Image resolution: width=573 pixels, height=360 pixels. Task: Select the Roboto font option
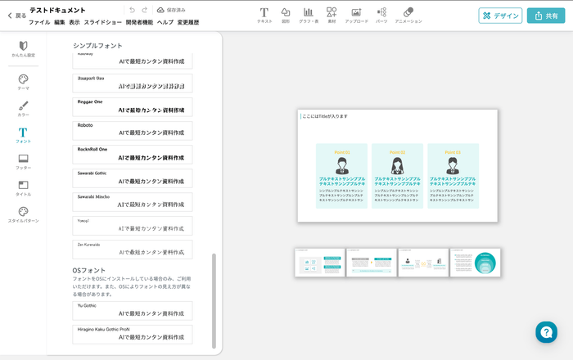(132, 131)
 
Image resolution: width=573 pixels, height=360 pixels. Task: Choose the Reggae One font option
(132, 107)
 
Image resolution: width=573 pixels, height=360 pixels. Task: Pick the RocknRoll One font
(132, 155)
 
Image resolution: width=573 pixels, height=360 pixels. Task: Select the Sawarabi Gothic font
(132, 178)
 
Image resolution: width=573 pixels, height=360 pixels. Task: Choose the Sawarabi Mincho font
(132, 202)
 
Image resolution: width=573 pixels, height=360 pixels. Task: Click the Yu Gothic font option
(132, 310)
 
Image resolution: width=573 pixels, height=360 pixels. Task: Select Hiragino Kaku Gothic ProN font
(132, 334)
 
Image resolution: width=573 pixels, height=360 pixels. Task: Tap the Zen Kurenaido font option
(132, 250)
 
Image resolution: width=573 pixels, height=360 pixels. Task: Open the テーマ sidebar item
(23, 82)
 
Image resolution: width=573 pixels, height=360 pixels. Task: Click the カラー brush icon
(23, 109)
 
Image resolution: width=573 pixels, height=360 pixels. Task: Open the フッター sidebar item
(23, 161)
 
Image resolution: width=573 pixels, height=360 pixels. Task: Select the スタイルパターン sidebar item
(23, 215)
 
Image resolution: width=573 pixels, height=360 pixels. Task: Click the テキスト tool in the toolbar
(264, 16)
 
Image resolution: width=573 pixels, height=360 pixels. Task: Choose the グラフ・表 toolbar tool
(309, 16)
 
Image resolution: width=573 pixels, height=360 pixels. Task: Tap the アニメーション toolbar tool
(408, 16)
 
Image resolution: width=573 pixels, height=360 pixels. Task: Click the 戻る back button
(16, 16)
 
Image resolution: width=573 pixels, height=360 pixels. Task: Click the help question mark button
(546, 331)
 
